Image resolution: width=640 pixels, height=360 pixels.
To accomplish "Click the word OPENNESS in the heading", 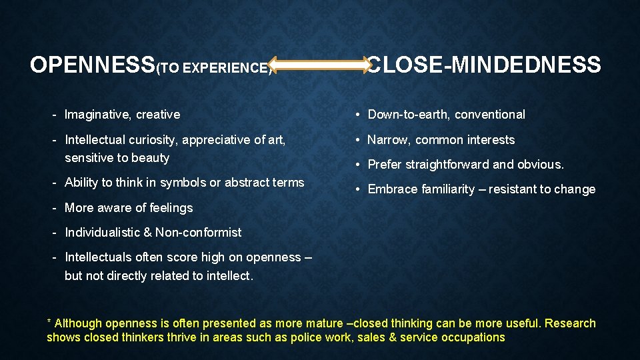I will coord(93,65).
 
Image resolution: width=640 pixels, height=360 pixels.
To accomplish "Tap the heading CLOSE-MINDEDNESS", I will coord(485,65).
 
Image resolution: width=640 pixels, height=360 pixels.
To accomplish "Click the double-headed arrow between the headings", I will coord(321,65).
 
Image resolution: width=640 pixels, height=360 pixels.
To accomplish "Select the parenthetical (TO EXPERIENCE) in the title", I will coord(214,68).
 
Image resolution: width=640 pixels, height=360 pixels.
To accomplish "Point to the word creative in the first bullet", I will coord(158,115).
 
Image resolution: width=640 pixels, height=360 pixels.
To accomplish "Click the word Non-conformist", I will coord(199,233).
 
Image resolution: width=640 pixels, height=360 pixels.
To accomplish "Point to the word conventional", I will coord(491,115).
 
